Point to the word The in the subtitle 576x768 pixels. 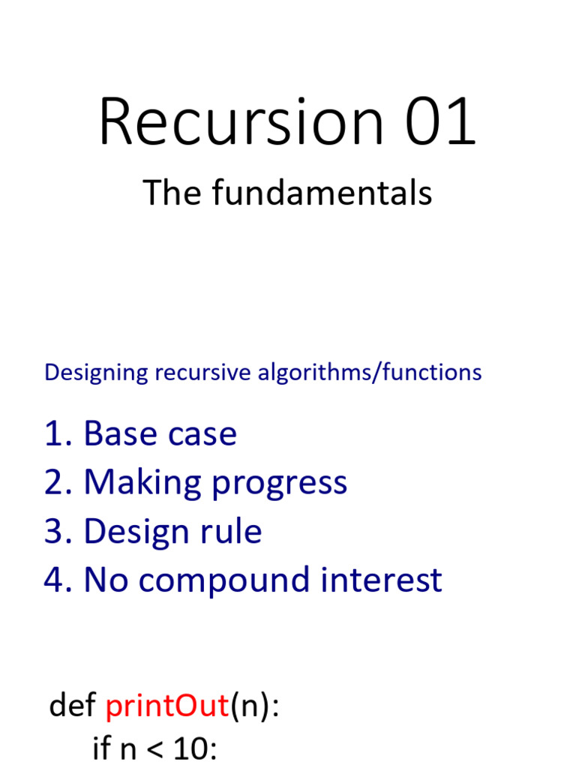(x=172, y=193)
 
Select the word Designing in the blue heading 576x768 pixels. (x=91, y=373)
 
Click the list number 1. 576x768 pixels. (x=55, y=434)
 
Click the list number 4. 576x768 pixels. (x=55, y=580)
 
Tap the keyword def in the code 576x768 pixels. (x=73, y=706)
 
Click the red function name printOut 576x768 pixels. (x=166, y=706)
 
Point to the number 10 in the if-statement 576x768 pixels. (x=190, y=748)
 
